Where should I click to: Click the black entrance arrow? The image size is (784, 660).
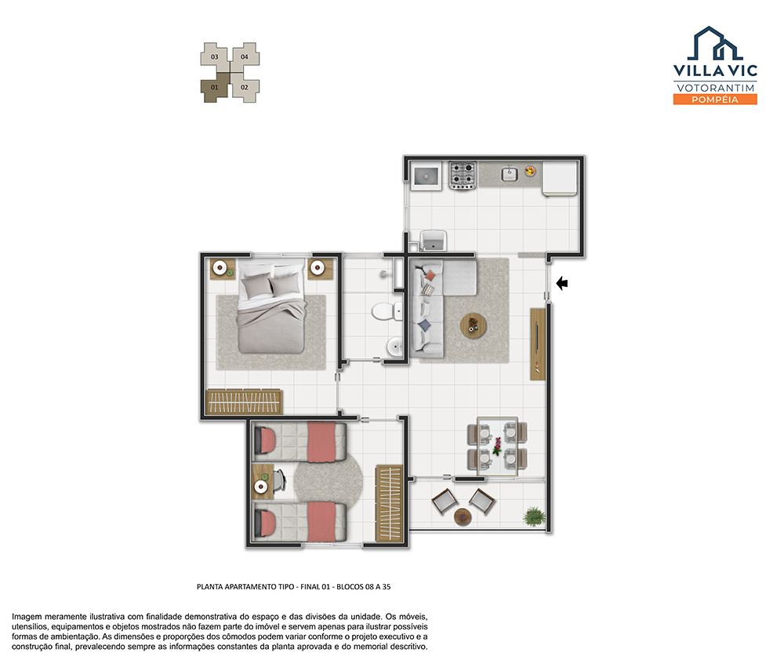pos(562,284)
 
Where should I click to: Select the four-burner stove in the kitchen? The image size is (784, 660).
pos(462,175)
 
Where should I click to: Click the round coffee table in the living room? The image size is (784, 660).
pos(473,327)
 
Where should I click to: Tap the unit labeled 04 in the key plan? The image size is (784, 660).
pos(245,56)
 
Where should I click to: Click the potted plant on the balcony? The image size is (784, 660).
pos(534,516)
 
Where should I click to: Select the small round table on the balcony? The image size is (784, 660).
pos(463,517)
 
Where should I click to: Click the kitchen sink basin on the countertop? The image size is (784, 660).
pos(509,173)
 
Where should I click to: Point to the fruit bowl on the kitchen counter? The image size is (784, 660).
pos(530,171)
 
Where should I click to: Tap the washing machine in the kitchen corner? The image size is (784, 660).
pos(426,176)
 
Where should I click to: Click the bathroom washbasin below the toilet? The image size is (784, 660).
pos(394,346)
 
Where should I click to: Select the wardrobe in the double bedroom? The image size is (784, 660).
pos(244,401)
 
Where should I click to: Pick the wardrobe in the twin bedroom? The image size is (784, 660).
pos(390,503)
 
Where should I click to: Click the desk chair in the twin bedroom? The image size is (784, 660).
pos(278,480)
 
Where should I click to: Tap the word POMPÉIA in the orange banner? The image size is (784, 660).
pos(715,100)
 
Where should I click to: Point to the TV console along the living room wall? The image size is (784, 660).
pos(538,344)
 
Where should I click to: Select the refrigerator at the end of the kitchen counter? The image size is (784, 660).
pos(560,178)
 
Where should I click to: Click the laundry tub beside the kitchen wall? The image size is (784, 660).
pos(433,241)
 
